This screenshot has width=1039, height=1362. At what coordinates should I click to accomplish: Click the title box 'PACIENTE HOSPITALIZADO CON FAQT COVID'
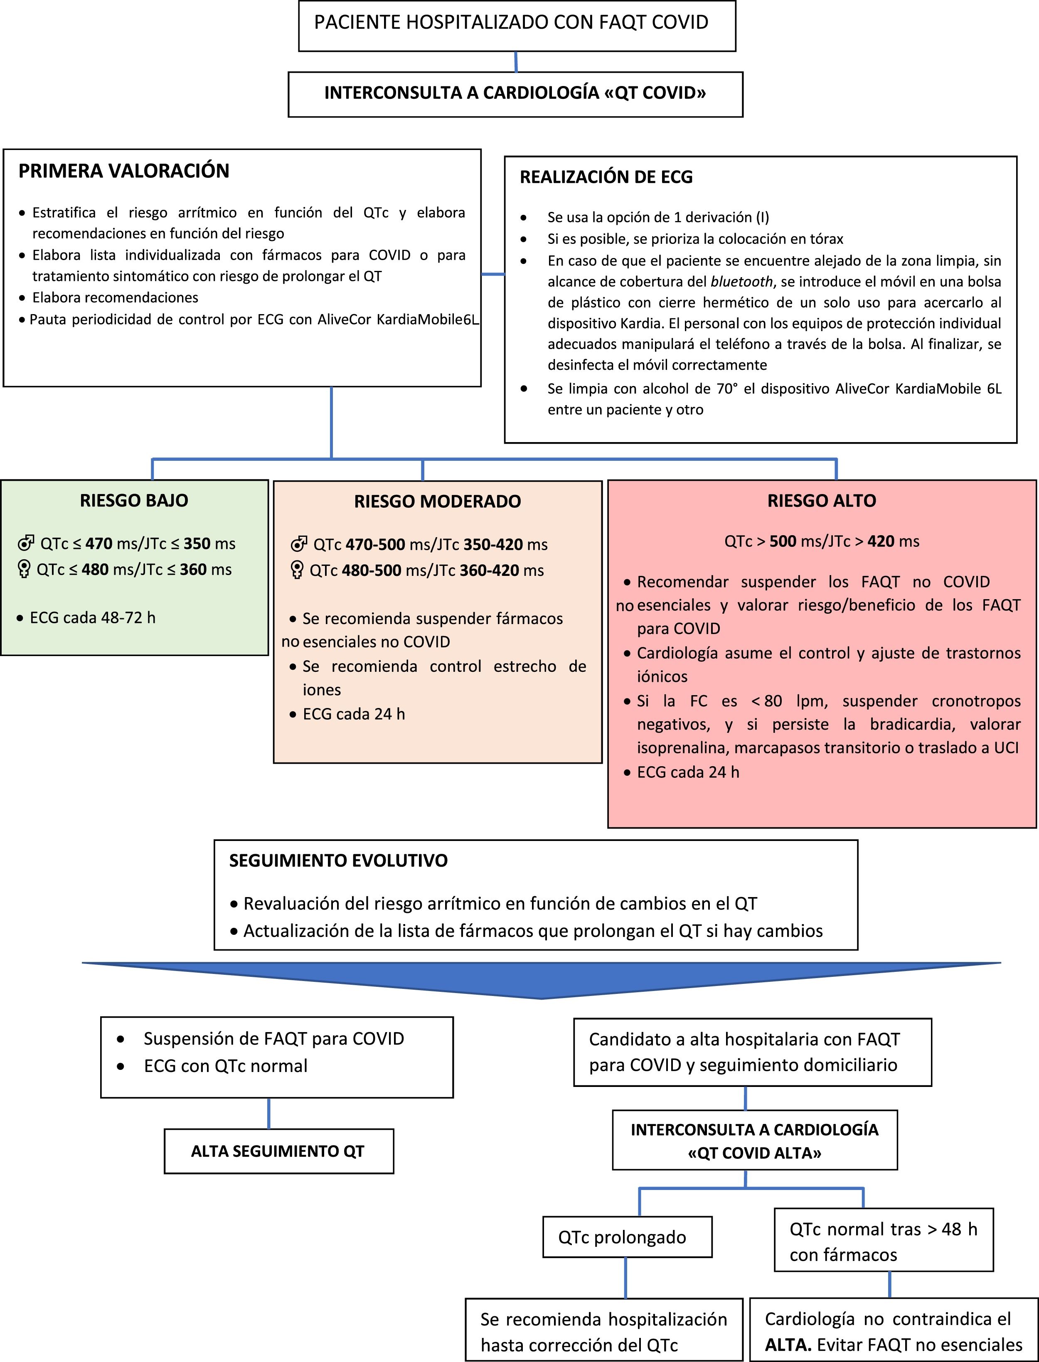[x=517, y=25]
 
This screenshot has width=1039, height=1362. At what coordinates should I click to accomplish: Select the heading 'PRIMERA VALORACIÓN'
[x=124, y=171]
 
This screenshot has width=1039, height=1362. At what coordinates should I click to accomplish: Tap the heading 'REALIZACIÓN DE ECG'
[x=606, y=177]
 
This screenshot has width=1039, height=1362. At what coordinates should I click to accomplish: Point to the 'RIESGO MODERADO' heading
[x=437, y=502]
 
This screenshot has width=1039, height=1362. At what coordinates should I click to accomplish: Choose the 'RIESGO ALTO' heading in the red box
[x=821, y=501]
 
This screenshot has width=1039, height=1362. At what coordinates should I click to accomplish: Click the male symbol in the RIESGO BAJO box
[x=26, y=543]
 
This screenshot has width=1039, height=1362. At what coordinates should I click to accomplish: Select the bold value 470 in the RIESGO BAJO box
[x=99, y=544]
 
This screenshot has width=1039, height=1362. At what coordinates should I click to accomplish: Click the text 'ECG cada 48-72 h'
[x=92, y=617]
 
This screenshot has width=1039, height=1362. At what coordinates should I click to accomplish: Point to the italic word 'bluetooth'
[x=741, y=282]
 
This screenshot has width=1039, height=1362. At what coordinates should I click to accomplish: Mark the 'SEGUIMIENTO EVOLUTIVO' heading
[x=338, y=860]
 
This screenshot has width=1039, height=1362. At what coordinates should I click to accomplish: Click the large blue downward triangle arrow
[x=541, y=978]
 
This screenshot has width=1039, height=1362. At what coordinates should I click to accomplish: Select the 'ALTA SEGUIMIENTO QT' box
[x=278, y=1151]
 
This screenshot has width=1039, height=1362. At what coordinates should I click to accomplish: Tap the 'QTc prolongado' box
[x=627, y=1237]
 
